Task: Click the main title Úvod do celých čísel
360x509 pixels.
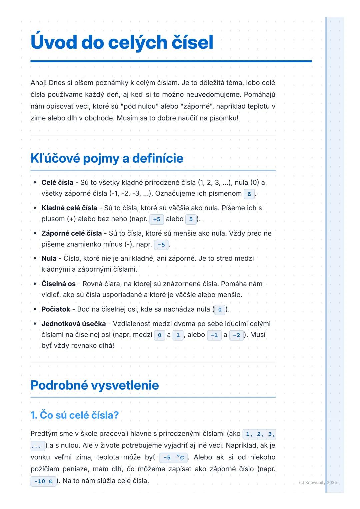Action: pos(122,42)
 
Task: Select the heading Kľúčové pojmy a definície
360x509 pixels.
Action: pos(107,158)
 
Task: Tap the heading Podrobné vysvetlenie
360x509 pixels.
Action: pos(95,385)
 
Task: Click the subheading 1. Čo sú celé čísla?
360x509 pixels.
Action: pos(74,415)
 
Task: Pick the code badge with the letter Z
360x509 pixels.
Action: pos(249,194)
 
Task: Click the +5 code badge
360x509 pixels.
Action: pos(156,219)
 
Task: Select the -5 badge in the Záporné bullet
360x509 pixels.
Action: pos(161,245)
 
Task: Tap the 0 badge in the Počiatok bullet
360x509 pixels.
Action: pos(220,310)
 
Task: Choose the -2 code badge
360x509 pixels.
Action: pos(236,335)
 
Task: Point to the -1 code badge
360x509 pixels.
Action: pos(214,335)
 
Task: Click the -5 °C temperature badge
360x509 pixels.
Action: pos(173,458)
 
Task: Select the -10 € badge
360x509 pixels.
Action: pos(43,481)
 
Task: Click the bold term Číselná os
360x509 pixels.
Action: pos(58,284)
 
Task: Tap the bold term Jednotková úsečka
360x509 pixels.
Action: pos(73,324)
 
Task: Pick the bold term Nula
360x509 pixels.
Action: pos(49,258)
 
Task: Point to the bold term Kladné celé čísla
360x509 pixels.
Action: pos(69,208)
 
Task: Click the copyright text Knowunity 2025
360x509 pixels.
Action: pos(318,482)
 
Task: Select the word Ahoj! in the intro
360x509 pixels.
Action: pos(39,83)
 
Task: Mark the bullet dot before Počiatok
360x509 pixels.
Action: pos(35,309)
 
